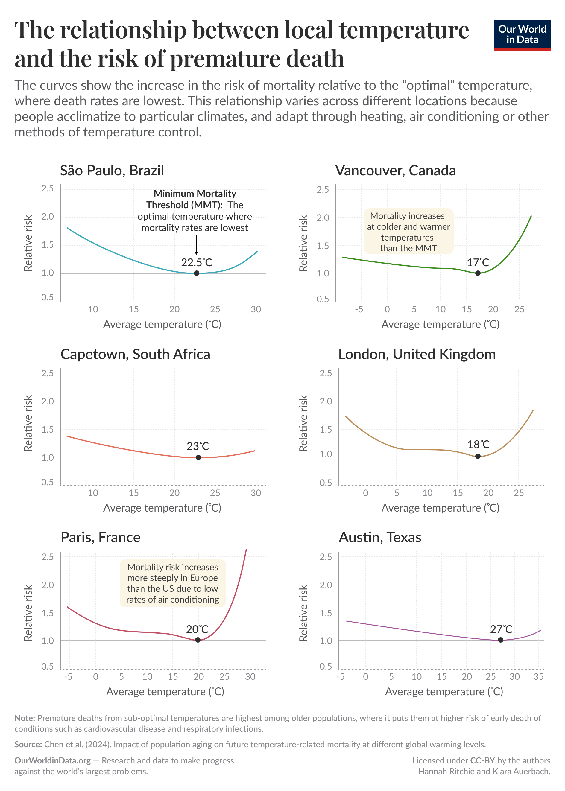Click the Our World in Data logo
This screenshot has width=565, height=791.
522,35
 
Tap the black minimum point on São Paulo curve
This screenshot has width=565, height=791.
197,273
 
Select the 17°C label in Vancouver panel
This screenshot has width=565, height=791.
478,262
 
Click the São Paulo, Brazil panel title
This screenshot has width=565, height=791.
112,171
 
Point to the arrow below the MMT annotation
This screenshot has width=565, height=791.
196,244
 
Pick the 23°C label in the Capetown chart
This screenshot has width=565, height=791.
198,446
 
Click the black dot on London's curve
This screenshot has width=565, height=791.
478,456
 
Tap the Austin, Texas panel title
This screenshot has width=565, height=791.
380,537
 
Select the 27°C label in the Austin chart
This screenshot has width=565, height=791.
501,629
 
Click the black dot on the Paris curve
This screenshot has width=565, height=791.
198,640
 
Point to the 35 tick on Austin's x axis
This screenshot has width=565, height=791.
538,676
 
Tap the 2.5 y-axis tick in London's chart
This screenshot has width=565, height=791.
326,373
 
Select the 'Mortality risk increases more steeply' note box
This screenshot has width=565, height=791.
173,583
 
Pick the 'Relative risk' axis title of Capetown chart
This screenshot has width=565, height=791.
28,423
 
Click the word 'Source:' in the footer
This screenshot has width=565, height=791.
28,744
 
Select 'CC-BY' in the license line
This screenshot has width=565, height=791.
482,760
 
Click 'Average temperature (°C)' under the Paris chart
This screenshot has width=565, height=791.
165,691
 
